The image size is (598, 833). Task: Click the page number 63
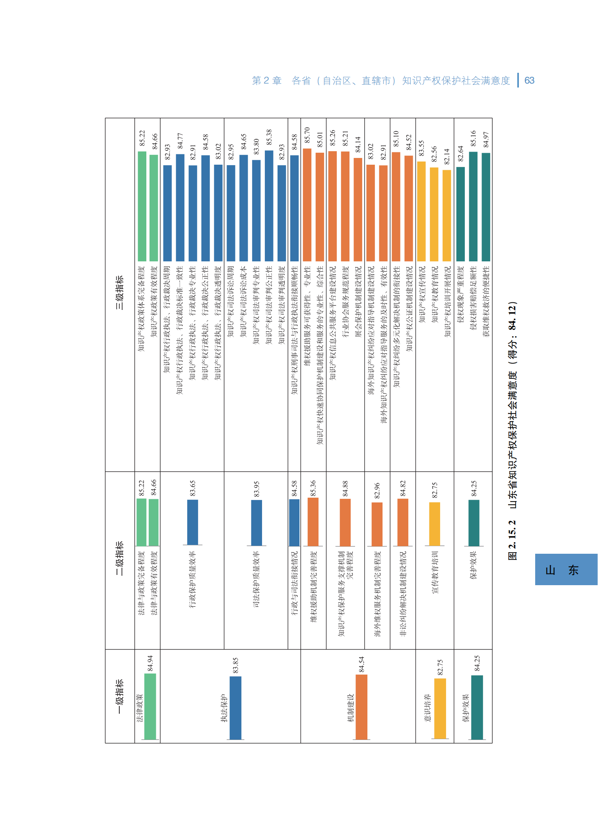pos(529,81)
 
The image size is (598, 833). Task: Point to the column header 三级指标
pos(119,292)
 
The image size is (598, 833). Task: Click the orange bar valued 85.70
pos(307,204)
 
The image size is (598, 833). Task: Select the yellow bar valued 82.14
pos(447,215)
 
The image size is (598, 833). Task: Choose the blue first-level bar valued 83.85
pos(235,708)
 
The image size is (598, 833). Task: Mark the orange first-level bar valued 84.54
pos(361,707)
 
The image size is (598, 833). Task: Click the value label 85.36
pos(313,488)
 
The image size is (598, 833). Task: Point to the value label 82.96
pos(377,490)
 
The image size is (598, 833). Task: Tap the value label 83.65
pos(192,488)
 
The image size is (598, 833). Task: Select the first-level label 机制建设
pos(350,708)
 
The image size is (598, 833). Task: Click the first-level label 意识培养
pos(427,708)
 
